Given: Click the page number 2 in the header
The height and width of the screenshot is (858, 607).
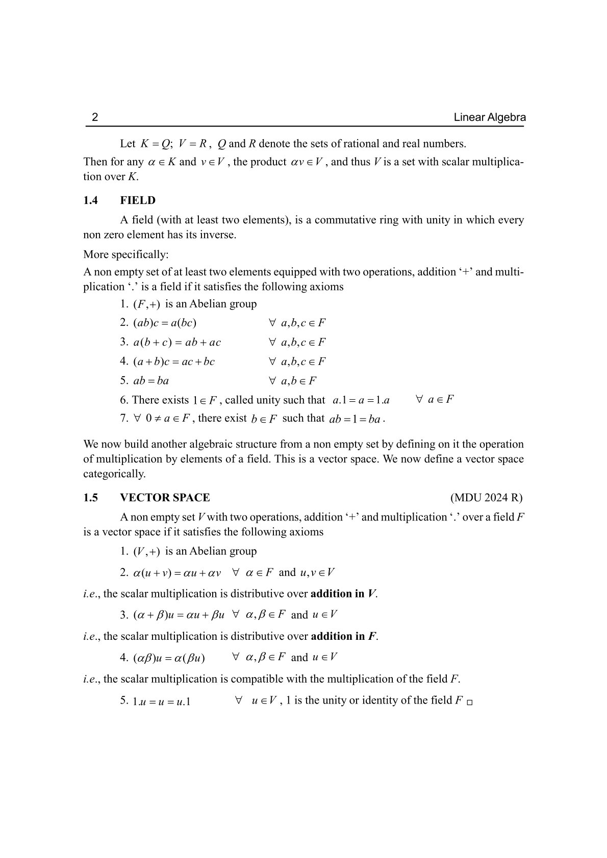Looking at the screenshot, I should [94, 118].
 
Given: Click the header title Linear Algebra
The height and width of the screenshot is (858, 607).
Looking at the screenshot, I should [489, 118].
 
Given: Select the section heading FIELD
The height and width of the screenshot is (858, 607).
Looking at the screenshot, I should [138, 200].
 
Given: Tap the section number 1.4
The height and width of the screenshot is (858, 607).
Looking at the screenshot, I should [91, 200].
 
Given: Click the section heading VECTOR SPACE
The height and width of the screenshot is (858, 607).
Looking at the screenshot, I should [165, 498].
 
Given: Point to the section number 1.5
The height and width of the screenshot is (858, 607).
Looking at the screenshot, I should [91, 498].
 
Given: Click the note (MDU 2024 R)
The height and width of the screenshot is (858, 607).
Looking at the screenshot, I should [486, 498].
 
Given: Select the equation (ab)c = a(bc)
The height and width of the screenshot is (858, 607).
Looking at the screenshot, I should [165, 323].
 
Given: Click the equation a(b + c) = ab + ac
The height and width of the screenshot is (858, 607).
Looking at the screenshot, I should [177, 342].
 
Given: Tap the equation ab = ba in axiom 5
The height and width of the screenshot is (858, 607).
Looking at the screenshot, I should [151, 381].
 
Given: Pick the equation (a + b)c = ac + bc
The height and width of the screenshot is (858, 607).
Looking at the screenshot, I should [174, 361].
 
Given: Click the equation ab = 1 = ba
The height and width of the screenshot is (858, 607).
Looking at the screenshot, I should [355, 420].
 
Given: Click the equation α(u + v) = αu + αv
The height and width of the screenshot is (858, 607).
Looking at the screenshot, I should [177, 573].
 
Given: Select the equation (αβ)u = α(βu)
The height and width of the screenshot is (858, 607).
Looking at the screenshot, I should [169, 658].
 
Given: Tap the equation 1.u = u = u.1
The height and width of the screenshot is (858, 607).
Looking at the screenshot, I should [161, 701].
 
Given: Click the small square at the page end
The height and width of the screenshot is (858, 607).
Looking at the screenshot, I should [470, 703].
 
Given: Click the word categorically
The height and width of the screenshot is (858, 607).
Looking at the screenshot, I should [114, 474].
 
